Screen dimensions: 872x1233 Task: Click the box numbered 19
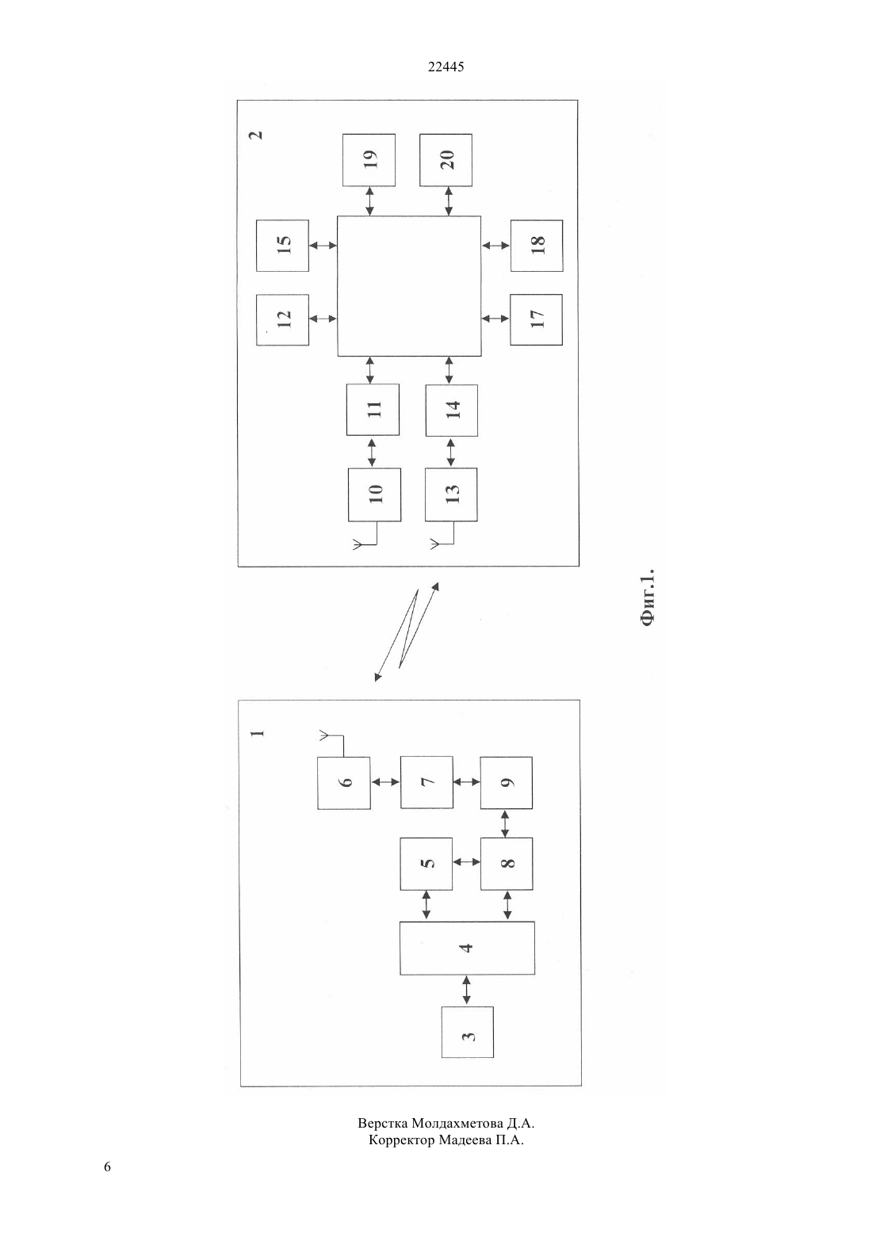369,159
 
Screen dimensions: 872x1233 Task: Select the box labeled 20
446,159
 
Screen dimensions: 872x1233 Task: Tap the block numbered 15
282,246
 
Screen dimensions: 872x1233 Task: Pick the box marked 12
282,320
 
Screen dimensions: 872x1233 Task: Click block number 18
537,246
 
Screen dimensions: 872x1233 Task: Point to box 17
536,320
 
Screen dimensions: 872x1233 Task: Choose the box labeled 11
373,410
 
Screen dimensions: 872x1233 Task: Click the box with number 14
451,410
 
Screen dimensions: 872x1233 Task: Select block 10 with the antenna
374,494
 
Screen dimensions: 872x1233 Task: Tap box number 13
451,494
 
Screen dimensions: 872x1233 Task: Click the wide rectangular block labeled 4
467,948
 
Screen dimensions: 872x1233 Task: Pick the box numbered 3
468,1032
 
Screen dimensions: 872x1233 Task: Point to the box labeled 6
343,783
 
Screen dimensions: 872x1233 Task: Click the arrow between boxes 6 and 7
385,781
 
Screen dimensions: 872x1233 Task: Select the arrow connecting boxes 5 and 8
466,862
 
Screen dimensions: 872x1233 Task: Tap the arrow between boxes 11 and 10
372,452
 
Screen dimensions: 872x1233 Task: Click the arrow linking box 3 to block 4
467,991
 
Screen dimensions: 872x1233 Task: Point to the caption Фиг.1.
648,597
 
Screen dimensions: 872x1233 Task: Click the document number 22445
446,67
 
